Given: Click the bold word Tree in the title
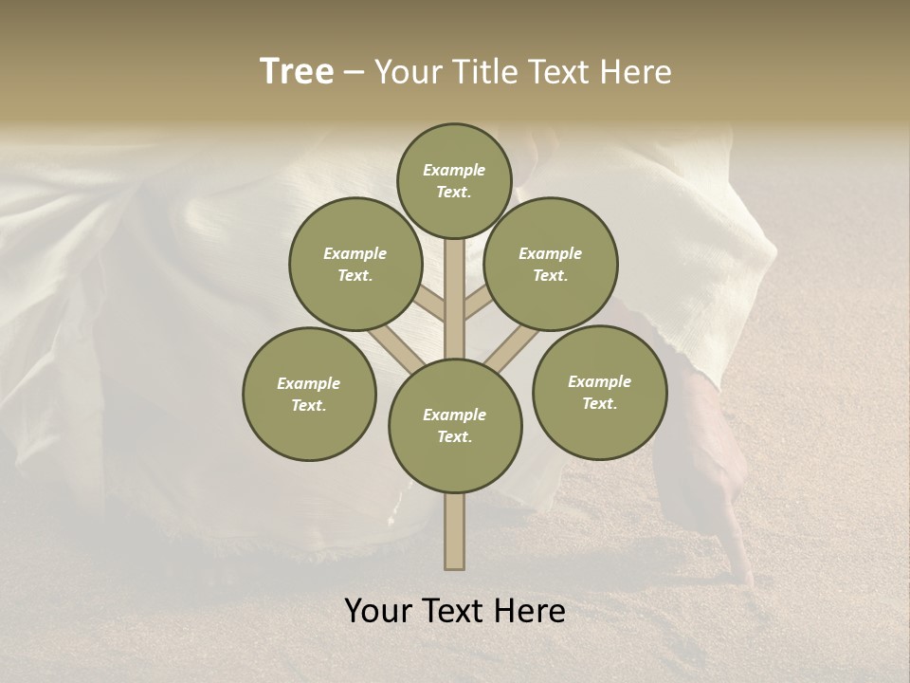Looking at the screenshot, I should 297,71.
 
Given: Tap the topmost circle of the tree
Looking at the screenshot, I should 454,180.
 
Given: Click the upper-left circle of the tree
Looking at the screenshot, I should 355,264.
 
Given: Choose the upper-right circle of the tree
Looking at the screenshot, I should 551,264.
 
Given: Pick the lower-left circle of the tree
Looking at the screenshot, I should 309,394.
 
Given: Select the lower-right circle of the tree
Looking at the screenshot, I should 599,392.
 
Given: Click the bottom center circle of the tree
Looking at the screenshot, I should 455,425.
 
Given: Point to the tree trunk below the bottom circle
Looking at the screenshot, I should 454,531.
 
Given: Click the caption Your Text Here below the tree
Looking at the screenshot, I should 455,611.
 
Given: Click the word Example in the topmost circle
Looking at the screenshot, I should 454,170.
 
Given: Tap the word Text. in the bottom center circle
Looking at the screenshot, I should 454,436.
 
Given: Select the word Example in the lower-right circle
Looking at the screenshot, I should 599,381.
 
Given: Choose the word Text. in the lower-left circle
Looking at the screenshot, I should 309,405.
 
